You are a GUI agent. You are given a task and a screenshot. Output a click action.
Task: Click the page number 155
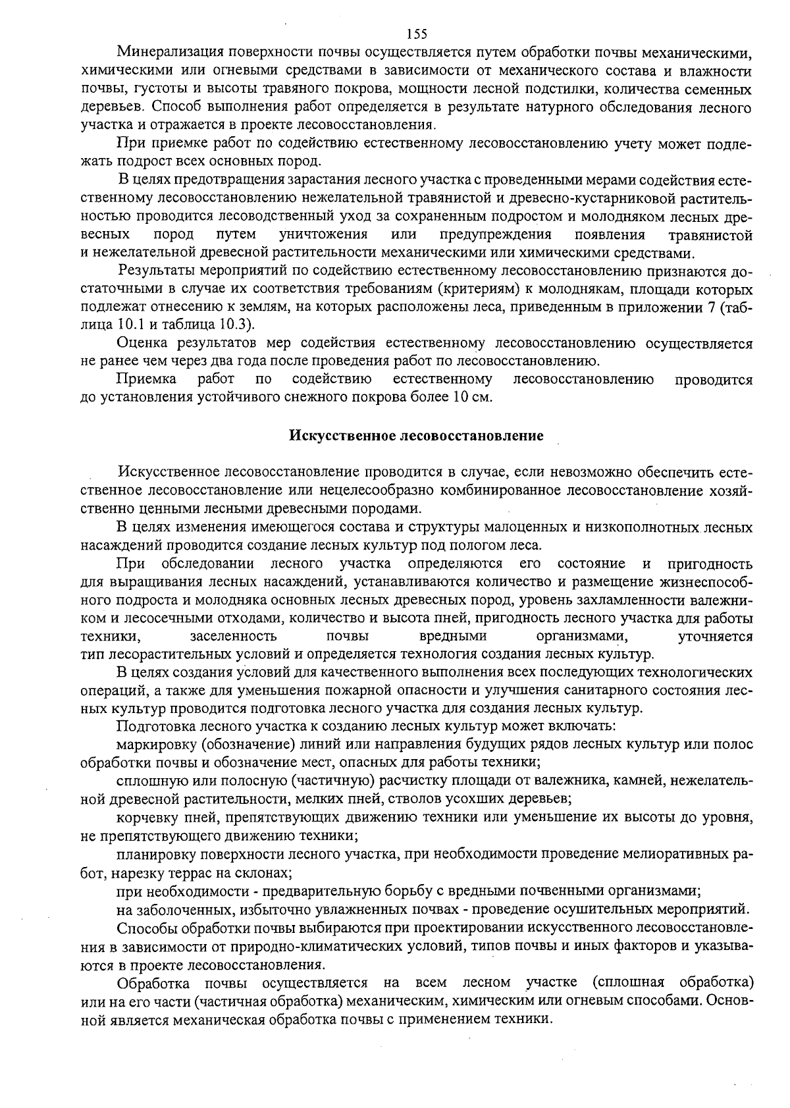[x=417, y=34]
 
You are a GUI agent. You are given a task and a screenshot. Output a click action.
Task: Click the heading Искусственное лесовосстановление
[x=417, y=436]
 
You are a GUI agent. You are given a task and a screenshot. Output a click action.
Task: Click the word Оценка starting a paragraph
[x=141, y=343]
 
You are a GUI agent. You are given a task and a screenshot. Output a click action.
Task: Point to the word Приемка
[x=146, y=379]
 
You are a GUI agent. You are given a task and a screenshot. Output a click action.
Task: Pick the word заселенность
[x=233, y=637]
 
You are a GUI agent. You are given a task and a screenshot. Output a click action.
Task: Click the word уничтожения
[x=323, y=234]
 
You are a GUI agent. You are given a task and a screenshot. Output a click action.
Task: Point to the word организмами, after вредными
[x=583, y=637]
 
